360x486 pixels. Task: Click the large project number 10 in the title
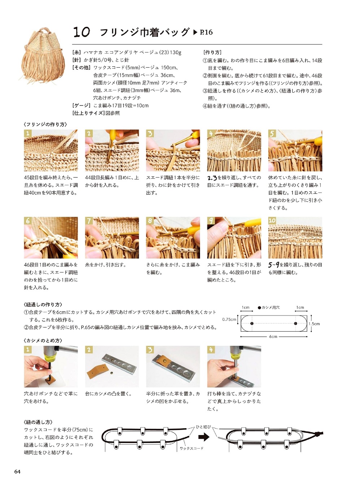[81, 32]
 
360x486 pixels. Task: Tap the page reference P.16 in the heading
[206, 33]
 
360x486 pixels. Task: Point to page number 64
[17, 471]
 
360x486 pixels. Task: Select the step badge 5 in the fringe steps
[272, 133]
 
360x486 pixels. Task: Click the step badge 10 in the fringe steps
[272, 220]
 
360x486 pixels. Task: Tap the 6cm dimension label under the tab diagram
[273, 336]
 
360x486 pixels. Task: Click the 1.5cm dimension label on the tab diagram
[314, 324]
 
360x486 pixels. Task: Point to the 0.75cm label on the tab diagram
[229, 319]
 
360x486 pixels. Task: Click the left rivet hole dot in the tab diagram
[252, 323]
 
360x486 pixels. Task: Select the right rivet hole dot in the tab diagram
[295, 323]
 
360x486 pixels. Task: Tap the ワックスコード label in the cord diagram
[191, 448]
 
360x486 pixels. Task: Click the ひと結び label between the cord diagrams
[203, 427]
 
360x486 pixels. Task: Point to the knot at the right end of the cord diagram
[318, 433]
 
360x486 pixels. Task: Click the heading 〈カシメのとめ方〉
[43, 340]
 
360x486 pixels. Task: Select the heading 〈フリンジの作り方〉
[45, 124]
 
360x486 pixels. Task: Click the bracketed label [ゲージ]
[81, 106]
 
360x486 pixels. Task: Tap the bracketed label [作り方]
[212, 53]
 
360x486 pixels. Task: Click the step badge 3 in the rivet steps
[150, 350]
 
